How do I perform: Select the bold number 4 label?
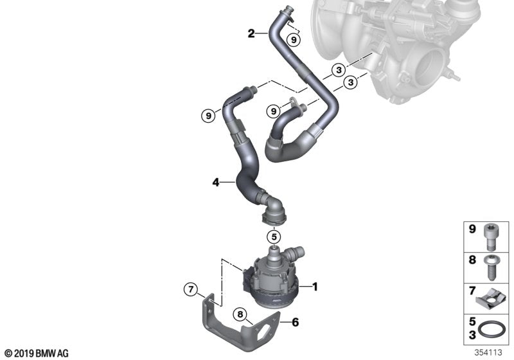(x=216, y=183)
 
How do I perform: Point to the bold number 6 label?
(x=296, y=323)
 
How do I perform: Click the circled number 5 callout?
(x=274, y=235)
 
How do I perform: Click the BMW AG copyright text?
(x=37, y=353)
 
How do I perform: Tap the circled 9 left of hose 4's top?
(x=208, y=116)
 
